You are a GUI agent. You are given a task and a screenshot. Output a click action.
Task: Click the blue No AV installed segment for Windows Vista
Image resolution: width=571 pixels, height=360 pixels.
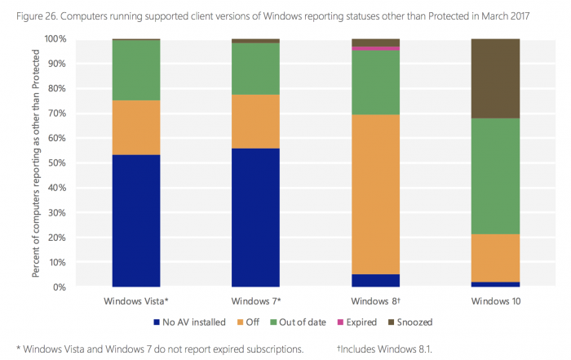coord(136,220)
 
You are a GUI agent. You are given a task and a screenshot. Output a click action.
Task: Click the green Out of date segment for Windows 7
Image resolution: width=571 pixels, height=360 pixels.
coord(255,69)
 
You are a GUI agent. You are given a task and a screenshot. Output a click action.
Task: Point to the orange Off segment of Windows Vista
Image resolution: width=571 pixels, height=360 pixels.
coord(136,127)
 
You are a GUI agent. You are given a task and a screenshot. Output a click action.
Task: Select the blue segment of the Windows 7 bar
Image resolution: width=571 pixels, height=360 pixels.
coord(255,217)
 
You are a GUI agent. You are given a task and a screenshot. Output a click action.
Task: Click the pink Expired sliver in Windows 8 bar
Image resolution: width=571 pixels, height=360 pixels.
coord(375,48)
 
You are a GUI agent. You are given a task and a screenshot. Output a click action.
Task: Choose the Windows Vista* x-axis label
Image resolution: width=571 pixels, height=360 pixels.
coord(136,301)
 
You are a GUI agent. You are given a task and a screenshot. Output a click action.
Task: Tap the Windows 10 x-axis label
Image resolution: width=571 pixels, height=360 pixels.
coord(495,301)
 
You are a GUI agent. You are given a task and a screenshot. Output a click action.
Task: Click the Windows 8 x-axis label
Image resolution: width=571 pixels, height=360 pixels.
coord(375,301)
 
